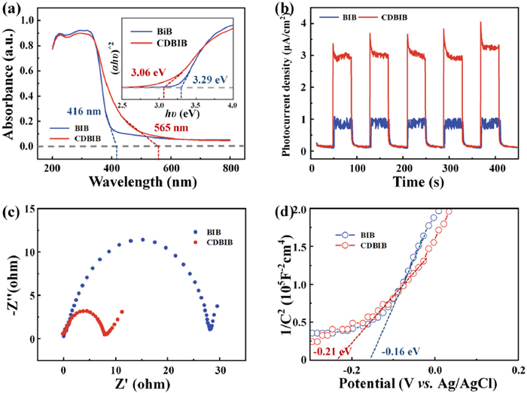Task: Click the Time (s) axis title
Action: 413,181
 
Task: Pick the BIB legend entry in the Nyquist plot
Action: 208,233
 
